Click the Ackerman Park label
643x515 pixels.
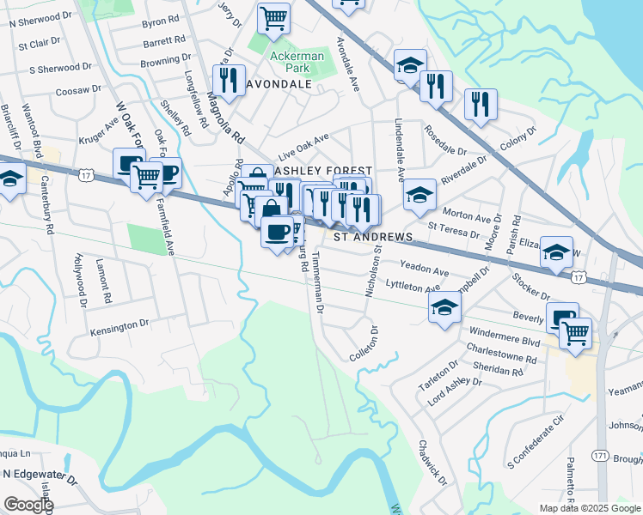click(296, 63)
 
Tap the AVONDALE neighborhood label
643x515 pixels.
click(279, 85)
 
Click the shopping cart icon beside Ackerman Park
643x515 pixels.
click(273, 16)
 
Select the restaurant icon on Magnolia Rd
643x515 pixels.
click(229, 80)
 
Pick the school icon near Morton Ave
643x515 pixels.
click(419, 195)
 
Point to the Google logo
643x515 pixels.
click(28, 505)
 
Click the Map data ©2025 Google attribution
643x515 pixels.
click(589, 508)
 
